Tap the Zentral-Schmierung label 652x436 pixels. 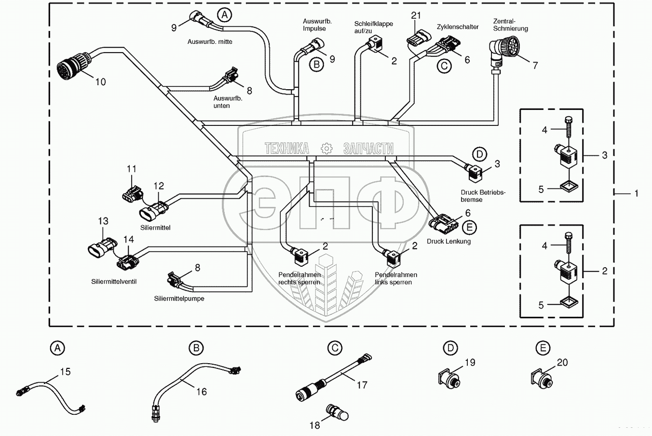510,25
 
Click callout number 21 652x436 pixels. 416,15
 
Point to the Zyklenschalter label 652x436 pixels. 457,27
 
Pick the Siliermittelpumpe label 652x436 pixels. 179,299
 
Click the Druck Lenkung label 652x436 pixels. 448,241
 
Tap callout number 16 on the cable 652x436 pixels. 202,392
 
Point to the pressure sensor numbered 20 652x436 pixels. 542,379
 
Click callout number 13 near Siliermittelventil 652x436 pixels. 103,221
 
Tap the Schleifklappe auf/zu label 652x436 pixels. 373,27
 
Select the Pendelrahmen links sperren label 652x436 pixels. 395,278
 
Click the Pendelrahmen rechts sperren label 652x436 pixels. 299,278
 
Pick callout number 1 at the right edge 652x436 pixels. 636,193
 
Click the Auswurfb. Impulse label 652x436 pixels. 317,25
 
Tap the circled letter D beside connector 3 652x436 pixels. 479,154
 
